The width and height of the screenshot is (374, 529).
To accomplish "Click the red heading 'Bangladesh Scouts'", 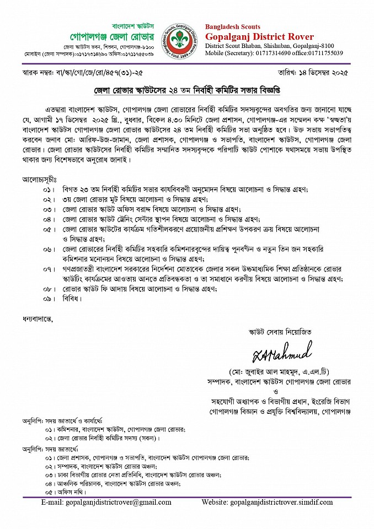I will point(233,26).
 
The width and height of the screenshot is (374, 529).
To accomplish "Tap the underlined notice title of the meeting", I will point(187,89).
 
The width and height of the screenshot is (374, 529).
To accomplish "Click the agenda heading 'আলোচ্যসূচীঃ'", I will point(41,180).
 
